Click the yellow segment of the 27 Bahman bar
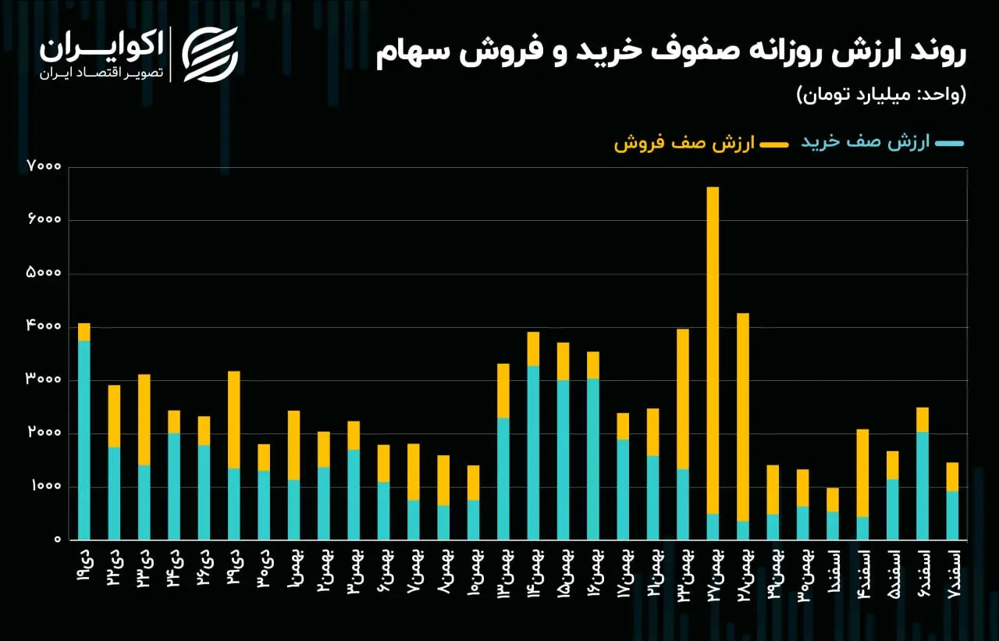pos(713,350)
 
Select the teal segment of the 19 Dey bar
pos(84,440)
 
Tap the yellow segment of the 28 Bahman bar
pos(742,417)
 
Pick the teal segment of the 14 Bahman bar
pos(533,453)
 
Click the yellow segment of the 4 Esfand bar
pos(862,473)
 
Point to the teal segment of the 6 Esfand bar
pos(923,486)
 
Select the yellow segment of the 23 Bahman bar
pos(683,399)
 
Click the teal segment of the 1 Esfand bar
pos(833,525)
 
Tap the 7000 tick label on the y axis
pos(43,166)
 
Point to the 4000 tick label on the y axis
pos(43,326)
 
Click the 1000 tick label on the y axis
pos(45,486)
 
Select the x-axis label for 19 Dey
pos(85,566)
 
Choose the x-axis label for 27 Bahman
pos(714,575)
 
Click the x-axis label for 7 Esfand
pos(953,574)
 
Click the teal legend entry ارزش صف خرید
pos(882,142)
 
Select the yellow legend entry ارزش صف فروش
pos(701,143)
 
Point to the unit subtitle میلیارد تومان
pos(861,94)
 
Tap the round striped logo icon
pos(210,55)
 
